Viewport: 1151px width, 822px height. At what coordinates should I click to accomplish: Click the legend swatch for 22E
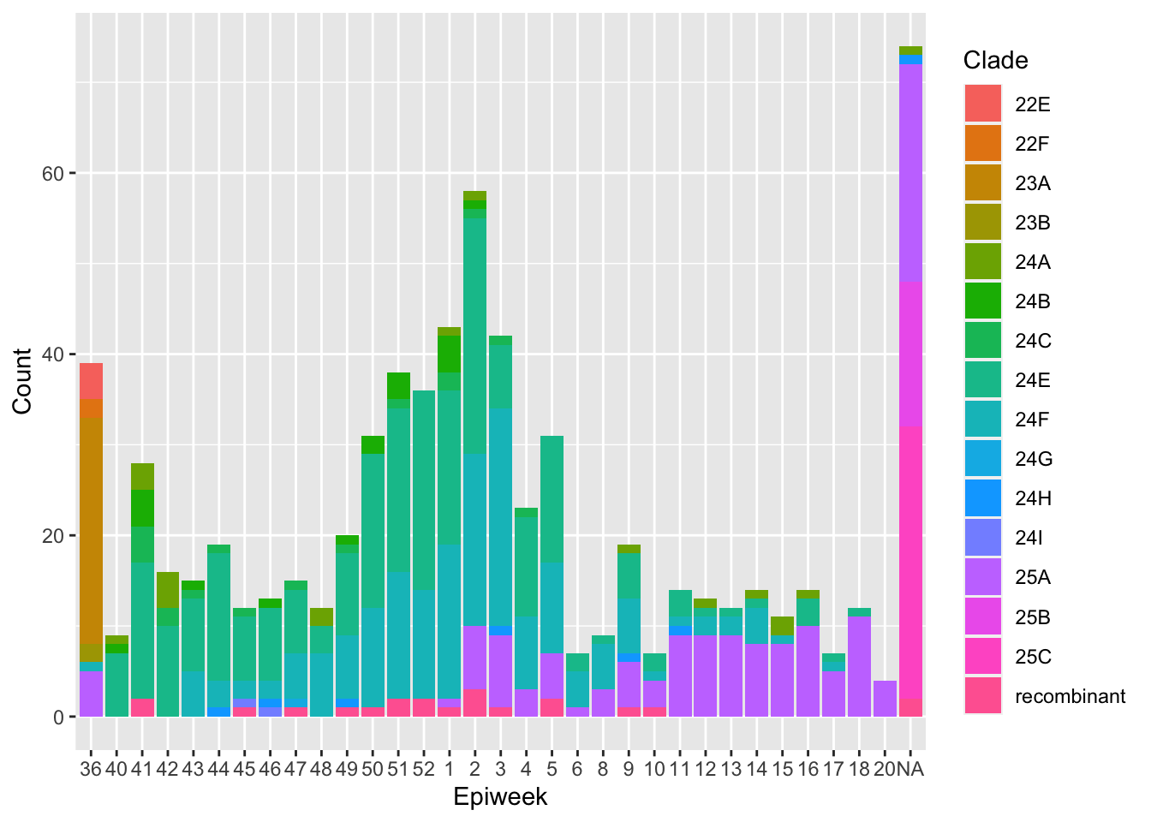click(x=983, y=104)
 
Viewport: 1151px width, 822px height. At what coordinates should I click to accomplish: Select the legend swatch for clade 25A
click(x=983, y=577)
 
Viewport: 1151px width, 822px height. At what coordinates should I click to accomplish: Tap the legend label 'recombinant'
click(x=1070, y=696)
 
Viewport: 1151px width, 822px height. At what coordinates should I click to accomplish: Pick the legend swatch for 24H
click(x=983, y=498)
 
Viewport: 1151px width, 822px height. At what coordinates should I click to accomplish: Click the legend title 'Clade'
click(x=995, y=60)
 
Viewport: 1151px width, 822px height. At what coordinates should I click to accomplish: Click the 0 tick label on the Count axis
click(x=58, y=718)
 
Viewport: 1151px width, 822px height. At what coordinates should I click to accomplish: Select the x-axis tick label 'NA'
click(x=911, y=768)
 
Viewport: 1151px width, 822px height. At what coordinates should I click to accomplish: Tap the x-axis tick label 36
click(x=91, y=768)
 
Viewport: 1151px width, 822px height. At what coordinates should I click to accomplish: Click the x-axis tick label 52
click(x=424, y=768)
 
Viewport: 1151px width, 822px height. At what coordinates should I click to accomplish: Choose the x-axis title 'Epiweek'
click(x=500, y=797)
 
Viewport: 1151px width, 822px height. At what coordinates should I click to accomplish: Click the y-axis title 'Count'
click(x=22, y=381)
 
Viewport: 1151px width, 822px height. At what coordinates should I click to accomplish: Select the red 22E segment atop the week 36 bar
click(x=91, y=381)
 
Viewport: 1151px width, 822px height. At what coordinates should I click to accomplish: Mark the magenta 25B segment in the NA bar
click(x=911, y=354)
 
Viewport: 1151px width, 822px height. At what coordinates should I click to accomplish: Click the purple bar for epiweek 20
click(x=886, y=699)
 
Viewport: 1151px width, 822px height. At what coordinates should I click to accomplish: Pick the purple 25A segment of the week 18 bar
click(x=860, y=666)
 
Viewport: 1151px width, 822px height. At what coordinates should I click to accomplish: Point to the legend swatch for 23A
click(x=983, y=183)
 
